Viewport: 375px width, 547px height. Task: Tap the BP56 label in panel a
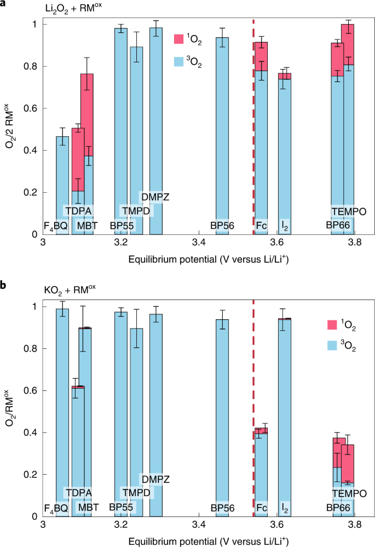(x=222, y=224)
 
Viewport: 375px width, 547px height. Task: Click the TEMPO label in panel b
(x=348, y=493)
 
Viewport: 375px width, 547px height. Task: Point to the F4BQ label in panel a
(x=56, y=224)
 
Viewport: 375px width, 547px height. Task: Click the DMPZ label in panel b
(x=155, y=480)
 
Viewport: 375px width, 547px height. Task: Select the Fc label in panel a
(x=261, y=224)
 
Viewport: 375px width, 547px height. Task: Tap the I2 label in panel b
(x=285, y=508)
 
